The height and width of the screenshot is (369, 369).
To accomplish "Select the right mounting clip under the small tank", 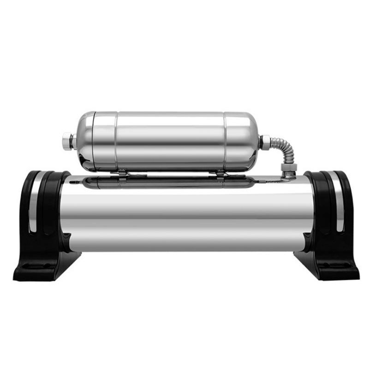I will tap(221, 173).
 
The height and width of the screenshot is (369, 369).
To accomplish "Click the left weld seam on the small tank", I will tap(116, 141).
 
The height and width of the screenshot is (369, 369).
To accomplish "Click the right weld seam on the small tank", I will tap(226, 141).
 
